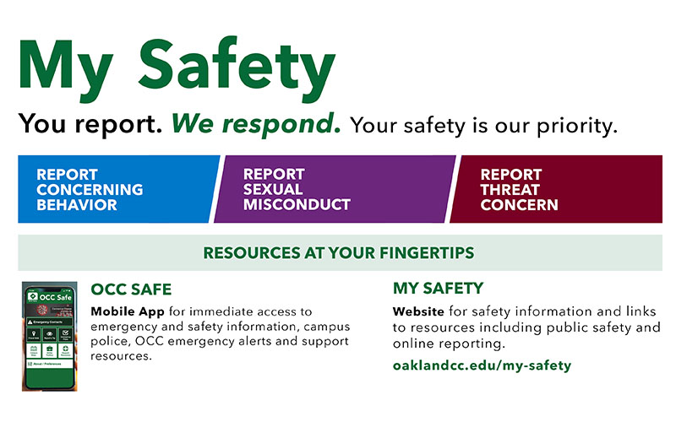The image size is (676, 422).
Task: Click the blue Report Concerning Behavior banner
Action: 114,189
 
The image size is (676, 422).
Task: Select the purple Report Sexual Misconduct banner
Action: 334,189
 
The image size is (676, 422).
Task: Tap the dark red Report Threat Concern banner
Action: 558,189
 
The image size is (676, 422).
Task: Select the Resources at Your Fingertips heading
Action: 338,252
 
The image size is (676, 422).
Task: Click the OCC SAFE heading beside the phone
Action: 131,289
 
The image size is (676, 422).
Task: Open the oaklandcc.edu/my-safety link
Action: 482,365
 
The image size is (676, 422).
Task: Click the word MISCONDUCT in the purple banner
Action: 297,204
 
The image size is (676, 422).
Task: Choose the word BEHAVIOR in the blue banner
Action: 76,204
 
